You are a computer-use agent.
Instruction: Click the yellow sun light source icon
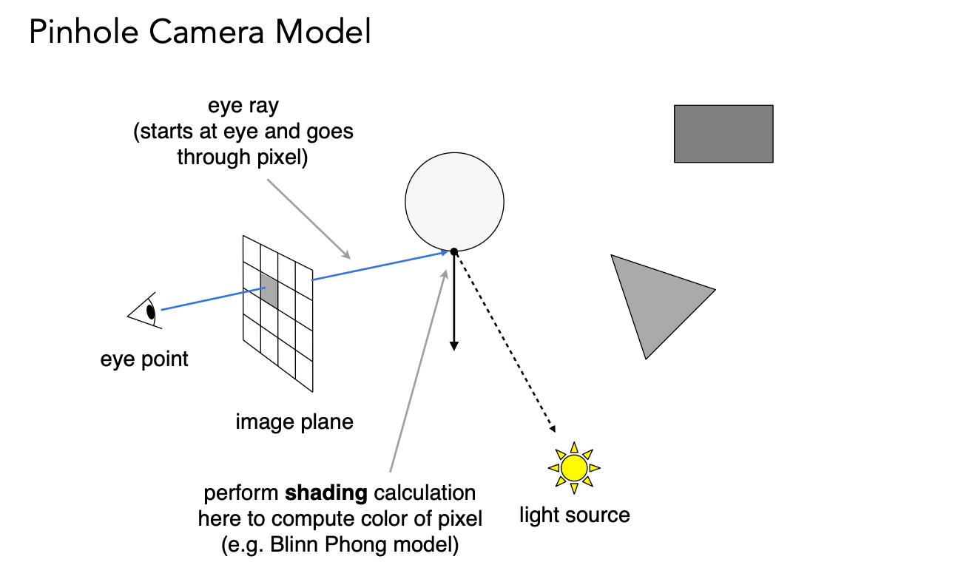573,467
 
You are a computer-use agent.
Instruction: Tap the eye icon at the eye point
145,311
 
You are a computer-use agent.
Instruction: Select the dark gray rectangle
723,134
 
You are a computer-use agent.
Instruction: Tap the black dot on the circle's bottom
454,252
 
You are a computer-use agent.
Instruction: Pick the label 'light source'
574,515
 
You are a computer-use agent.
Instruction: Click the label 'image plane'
294,422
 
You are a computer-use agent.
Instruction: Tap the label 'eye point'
144,359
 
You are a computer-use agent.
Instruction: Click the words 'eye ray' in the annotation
243,106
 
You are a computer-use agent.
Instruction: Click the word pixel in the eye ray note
279,158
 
